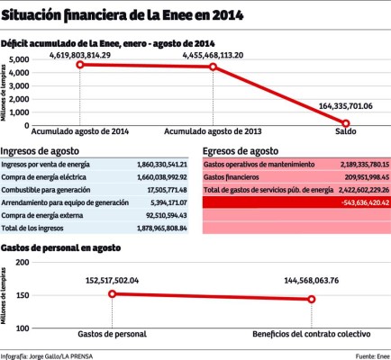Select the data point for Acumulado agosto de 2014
click(x=80, y=65)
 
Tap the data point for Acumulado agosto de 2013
click(x=213, y=67)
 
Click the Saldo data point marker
click(x=345, y=122)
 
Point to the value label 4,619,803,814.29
click(x=80, y=55)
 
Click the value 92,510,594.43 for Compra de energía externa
click(x=163, y=216)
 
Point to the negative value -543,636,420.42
click(x=358, y=203)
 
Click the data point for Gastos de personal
click(x=112, y=293)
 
